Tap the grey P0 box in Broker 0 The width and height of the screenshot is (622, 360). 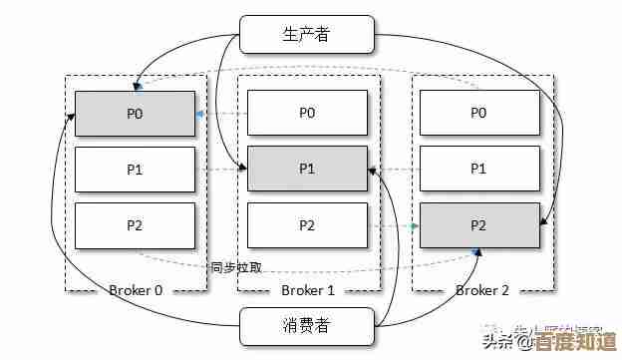pyautogui.click(x=136, y=113)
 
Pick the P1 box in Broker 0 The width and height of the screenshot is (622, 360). pyautogui.click(x=136, y=169)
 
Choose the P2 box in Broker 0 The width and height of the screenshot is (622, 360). pyautogui.click(x=136, y=225)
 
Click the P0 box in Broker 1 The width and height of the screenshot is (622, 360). pyautogui.click(x=307, y=113)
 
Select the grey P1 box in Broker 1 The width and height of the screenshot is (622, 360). pyautogui.click(x=307, y=169)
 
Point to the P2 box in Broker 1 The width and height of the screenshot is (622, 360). pyautogui.click(x=307, y=225)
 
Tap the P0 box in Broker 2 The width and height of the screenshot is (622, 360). pyautogui.click(x=479, y=113)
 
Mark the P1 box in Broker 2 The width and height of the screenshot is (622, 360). pyautogui.click(x=479, y=169)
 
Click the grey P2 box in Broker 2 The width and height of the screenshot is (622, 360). pyautogui.click(x=479, y=225)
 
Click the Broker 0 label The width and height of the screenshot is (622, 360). pyautogui.click(x=136, y=290)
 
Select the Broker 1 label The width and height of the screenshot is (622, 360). pyautogui.click(x=308, y=290)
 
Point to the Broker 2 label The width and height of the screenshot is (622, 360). pyautogui.click(x=481, y=290)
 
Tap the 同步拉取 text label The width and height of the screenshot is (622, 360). pyautogui.click(x=236, y=266)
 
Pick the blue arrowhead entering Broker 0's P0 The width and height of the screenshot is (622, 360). pyautogui.click(x=199, y=114)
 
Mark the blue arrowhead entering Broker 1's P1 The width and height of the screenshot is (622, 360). pyautogui.click(x=242, y=170)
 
